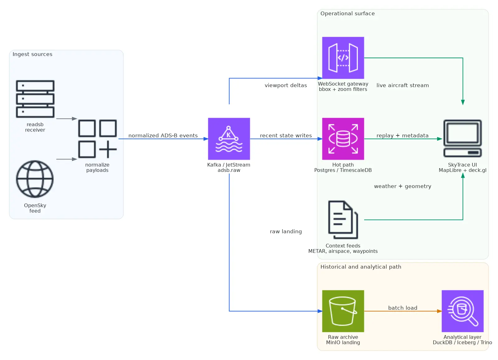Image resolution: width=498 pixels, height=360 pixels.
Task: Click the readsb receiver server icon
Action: [x=35, y=99]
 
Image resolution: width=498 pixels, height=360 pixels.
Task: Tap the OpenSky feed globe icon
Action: [x=35, y=179]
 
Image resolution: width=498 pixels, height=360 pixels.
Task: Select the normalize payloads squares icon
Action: [x=97, y=139]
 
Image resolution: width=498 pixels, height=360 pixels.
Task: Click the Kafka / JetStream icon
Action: [x=229, y=139]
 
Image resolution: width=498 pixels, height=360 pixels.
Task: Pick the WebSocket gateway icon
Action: [x=343, y=58]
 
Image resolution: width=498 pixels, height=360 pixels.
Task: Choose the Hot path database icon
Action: [x=343, y=139]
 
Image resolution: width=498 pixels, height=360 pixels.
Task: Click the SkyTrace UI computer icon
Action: [x=463, y=139]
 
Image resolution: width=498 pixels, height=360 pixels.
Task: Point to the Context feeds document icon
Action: [x=343, y=220]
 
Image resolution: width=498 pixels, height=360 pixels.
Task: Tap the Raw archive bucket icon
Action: [x=343, y=311]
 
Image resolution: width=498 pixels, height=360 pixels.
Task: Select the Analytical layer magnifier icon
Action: [x=463, y=311]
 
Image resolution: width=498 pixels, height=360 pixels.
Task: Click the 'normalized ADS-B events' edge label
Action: [x=163, y=135]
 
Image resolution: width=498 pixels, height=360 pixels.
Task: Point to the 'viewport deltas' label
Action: [x=286, y=85]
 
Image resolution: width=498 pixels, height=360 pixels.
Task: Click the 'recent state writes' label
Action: [x=286, y=135]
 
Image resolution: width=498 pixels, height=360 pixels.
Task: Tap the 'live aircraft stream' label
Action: [x=402, y=85]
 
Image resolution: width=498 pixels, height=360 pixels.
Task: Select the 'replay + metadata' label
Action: [x=402, y=135]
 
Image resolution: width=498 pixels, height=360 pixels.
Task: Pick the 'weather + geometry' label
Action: [x=402, y=186]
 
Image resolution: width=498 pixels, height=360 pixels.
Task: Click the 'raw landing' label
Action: [x=286, y=231]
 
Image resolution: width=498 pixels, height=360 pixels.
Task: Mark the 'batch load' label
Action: [x=402, y=308]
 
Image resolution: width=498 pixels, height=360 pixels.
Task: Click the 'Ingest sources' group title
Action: [x=32, y=54]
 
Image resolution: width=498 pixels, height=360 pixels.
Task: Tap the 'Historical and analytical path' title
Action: [x=361, y=267]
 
